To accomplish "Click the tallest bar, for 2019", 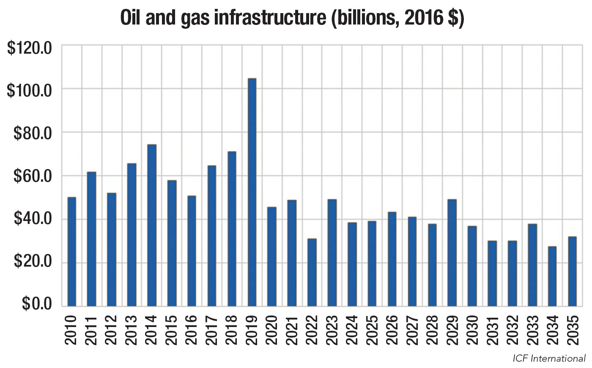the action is tap(252, 192).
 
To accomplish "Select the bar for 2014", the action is tap(152, 226).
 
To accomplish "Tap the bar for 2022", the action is tap(312, 273).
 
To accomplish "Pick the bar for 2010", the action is tap(71, 252).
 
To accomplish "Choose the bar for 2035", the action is tap(572, 271).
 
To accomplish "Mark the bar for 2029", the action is tap(452, 253).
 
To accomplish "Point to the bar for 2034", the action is tap(552, 276).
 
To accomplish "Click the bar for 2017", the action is tap(212, 236).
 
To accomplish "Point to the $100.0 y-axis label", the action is tap(29, 90).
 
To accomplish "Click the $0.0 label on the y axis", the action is tap(37, 303).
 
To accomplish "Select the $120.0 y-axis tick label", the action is tap(29, 48).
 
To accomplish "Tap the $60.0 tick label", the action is tap(33, 176).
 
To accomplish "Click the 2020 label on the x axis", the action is tap(271, 330).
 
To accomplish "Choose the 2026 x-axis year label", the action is tap(392, 330).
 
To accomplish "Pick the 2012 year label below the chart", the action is tap(111, 330).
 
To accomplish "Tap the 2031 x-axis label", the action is tap(492, 330).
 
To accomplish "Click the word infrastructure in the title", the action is tap(270, 17).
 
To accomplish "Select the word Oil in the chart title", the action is tap(130, 17).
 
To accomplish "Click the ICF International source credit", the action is tap(549, 359).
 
